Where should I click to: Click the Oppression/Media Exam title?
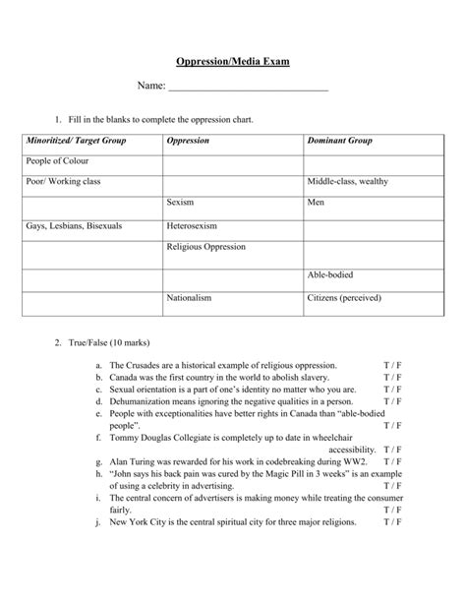tap(232, 61)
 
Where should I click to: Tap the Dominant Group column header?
tap(339, 141)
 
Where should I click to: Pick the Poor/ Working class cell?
tap(64, 181)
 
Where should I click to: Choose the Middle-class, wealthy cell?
tap(347, 182)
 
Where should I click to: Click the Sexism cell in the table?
tap(180, 204)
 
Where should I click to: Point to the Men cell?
tap(316, 204)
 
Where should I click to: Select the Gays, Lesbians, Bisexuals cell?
tap(75, 226)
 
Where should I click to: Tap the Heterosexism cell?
tap(193, 226)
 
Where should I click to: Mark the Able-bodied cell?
tap(331, 274)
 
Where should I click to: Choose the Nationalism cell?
tap(190, 297)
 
